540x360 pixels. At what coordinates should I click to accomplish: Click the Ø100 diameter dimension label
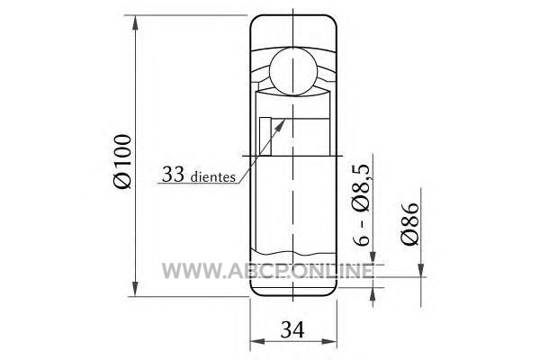click(123, 162)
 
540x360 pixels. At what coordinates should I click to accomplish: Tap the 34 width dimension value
click(292, 329)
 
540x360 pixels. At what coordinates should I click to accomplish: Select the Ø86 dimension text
click(409, 223)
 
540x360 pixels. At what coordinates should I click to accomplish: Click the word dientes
click(212, 176)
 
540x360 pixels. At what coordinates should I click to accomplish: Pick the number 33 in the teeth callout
click(173, 174)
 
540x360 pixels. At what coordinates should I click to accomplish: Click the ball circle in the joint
click(292, 71)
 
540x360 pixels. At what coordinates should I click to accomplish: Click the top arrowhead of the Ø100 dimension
click(135, 23)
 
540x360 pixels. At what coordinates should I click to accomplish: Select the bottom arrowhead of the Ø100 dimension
click(135, 288)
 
